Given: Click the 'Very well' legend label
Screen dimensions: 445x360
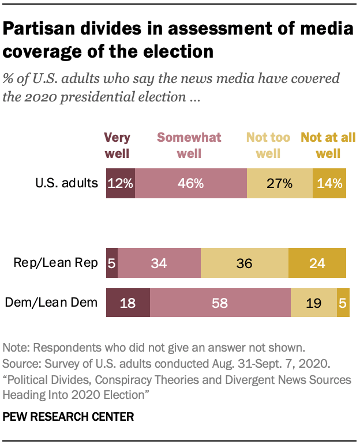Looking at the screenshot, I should (117, 145).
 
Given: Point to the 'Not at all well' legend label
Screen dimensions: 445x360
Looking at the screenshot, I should (328, 145).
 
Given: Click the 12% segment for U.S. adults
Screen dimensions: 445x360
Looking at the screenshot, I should (121, 184).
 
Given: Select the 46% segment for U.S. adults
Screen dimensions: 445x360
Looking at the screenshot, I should (190, 184).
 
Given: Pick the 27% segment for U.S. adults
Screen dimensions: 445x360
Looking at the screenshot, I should (280, 184).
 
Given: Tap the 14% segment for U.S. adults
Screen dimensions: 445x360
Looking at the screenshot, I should (329, 184).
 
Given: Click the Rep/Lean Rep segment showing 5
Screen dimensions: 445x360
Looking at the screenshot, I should (112, 263).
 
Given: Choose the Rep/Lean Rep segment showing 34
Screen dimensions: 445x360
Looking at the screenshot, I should (159, 263).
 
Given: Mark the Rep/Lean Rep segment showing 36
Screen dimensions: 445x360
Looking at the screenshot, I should (244, 263).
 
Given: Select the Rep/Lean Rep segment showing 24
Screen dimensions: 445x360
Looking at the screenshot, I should (317, 263).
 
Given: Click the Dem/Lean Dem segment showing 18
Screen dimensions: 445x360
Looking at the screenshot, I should (128, 303).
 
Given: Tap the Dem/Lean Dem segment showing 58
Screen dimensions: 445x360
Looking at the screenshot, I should (220, 303).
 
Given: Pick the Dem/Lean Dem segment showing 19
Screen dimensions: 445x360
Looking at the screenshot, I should (313, 303).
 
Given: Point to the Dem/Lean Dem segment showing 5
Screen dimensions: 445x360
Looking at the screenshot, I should (343, 303).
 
